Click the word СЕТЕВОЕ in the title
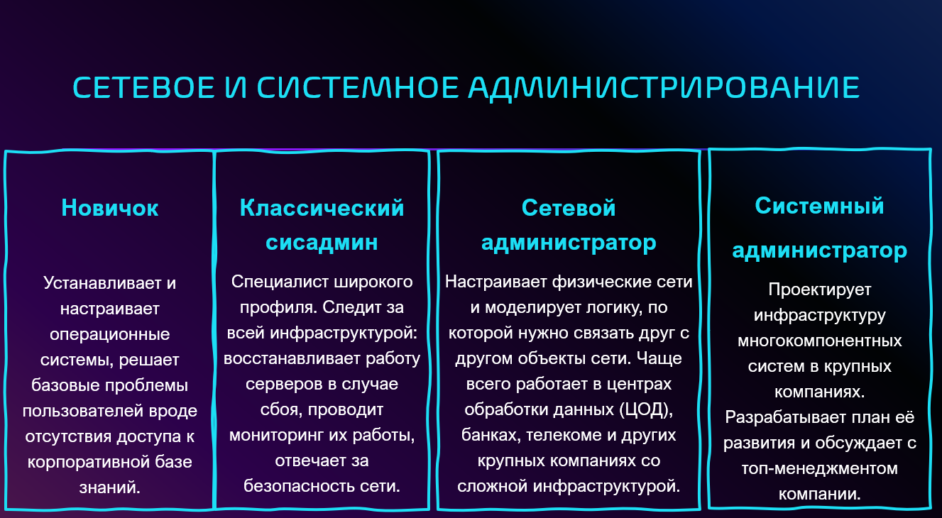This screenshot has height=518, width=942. (x=144, y=87)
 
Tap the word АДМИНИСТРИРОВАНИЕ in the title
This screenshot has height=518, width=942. (x=664, y=88)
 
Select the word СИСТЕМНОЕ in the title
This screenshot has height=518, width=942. (x=358, y=87)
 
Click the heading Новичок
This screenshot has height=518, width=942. (x=110, y=208)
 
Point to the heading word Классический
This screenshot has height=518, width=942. (x=322, y=208)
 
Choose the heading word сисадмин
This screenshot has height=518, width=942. (x=322, y=243)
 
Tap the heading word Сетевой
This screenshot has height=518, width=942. (x=569, y=208)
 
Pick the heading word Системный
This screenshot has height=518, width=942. (x=819, y=206)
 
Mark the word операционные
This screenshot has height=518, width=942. (x=110, y=335)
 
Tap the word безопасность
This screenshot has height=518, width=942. (x=299, y=486)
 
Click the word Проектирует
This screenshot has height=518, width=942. (x=820, y=290)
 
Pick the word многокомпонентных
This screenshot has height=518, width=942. (x=820, y=341)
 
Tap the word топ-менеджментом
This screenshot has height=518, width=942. (x=820, y=468)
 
